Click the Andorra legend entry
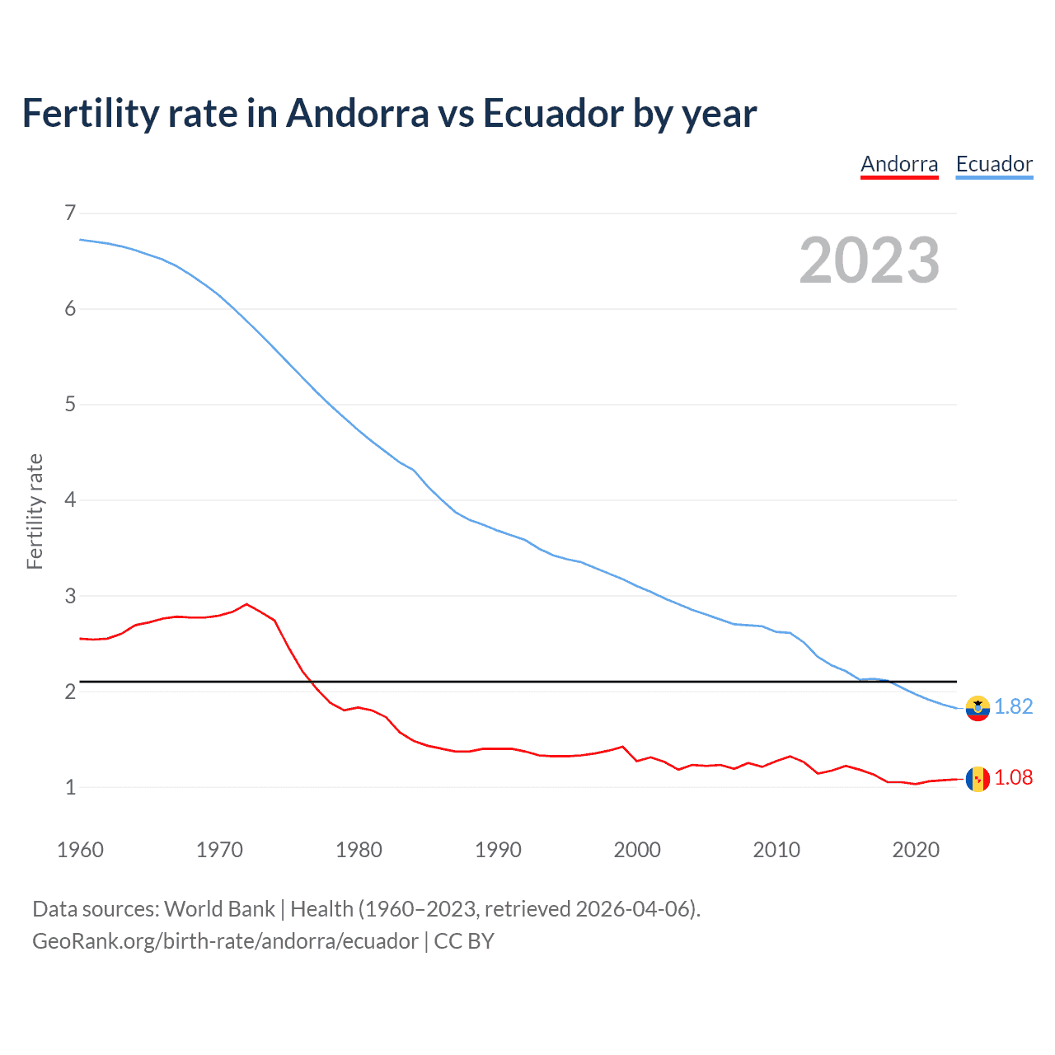click(x=899, y=164)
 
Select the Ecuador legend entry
click(x=994, y=164)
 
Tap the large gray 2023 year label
click(x=870, y=260)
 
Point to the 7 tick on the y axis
click(x=70, y=213)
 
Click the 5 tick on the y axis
click(x=70, y=405)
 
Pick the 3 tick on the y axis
click(x=70, y=596)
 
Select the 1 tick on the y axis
click(x=70, y=787)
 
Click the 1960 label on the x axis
click(x=80, y=850)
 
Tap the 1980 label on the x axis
click(x=359, y=850)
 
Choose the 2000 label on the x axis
click(x=637, y=850)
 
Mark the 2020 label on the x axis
click(x=916, y=850)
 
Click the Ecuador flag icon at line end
click(x=978, y=708)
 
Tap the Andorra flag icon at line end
click(x=978, y=779)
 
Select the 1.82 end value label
click(x=1014, y=707)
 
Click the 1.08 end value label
click(x=1014, y=778)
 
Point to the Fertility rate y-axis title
click(x=35, y=511)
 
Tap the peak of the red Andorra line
click(x=246, y=604)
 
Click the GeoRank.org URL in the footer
click(x=225, y=941)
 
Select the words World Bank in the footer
click(x=219, y=909)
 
